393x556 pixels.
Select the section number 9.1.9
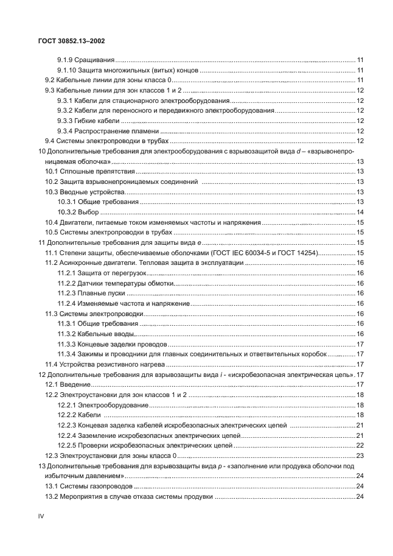(64, 60)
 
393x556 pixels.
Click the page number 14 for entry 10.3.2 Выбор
(360, 212)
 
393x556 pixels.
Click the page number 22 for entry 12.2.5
(360, 446)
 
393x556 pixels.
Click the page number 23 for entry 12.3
(360, 456)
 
